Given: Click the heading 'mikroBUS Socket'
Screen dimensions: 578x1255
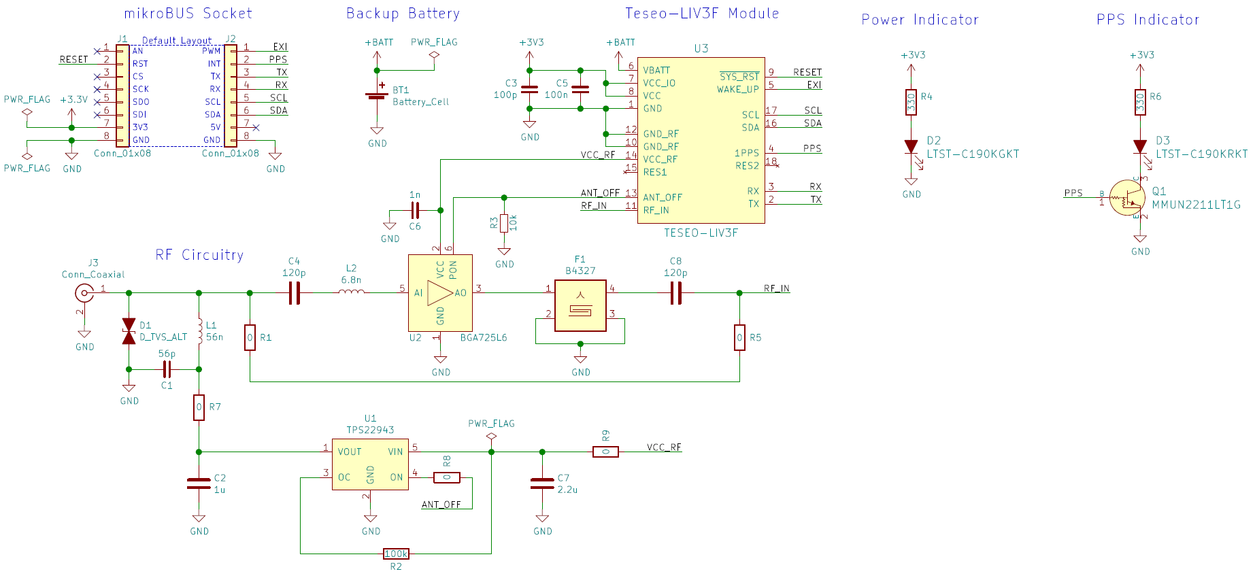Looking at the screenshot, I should [x=188, y=14].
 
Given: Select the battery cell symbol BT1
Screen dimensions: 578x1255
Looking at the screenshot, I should [x=376, y=96].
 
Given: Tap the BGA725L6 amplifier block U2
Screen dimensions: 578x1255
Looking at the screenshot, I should [x=440, y=293].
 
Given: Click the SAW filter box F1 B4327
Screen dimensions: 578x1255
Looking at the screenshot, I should [x=580, y=306].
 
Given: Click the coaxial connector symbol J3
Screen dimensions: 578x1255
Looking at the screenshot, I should [x=84, y=293].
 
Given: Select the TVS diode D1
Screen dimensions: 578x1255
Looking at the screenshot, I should [x=129, y=331].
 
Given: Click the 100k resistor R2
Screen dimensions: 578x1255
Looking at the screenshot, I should [x=396, y=554].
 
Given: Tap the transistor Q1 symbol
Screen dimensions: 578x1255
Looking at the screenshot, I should [x=1127, y=198].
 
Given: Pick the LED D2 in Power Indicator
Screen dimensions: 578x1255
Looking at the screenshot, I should [x=911, y=146].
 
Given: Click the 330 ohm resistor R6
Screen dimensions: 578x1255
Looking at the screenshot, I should [x=1140, y=102].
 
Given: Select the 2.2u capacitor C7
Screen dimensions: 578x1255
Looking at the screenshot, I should [x=542, y=483].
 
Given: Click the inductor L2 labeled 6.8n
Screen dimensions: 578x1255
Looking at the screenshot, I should [x=351, y=292].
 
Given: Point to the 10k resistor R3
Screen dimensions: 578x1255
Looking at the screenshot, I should [x=504, y=223].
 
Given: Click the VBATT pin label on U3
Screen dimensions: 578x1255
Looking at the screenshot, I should [x=656, y=70].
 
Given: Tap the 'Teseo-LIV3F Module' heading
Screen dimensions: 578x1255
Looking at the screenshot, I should [x=701, y=14].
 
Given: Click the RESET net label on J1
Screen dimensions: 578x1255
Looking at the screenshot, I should [x=73, y=59].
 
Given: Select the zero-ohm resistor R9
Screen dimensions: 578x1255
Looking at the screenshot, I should [x=605, y=452].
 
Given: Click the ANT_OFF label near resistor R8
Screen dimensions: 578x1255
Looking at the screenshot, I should [x=441, y=505].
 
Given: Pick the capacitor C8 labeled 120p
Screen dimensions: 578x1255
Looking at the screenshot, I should [x=675, y=293].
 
